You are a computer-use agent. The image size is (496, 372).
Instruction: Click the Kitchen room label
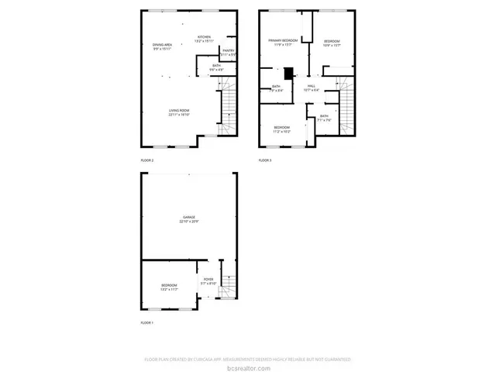click(x=204, y=36)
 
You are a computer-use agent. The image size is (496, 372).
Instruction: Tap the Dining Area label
click(x=162, y=45)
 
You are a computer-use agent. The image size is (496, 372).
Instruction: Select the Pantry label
click(x=228, y=51)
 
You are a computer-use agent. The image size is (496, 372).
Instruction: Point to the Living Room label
click(x=179, y=110)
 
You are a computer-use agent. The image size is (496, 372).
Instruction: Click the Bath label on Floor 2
click(x=217, y=66)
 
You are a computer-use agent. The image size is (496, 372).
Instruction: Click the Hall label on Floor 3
click(x=312, y=85)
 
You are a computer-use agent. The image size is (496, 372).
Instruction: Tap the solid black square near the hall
click(x=289, y=74)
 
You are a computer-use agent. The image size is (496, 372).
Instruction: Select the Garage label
click(x=188, y=217)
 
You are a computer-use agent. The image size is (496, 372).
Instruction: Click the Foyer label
click(x=208, y=279)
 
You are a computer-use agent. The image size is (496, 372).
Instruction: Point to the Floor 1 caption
click(x=146, y=322)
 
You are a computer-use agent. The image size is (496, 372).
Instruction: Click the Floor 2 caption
click(x=146, y=160)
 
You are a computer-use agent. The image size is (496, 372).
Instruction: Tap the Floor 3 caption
click(x=265, y=160)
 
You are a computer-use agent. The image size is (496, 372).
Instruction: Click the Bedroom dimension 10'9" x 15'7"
click(x=332, y=45)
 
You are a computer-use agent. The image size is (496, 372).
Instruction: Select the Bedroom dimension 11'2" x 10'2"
click(x=281, y=132)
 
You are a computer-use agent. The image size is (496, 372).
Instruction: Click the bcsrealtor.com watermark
click(x=248, y=367)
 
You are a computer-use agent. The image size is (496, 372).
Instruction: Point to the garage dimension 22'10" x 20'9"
click(x=188, y=222)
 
